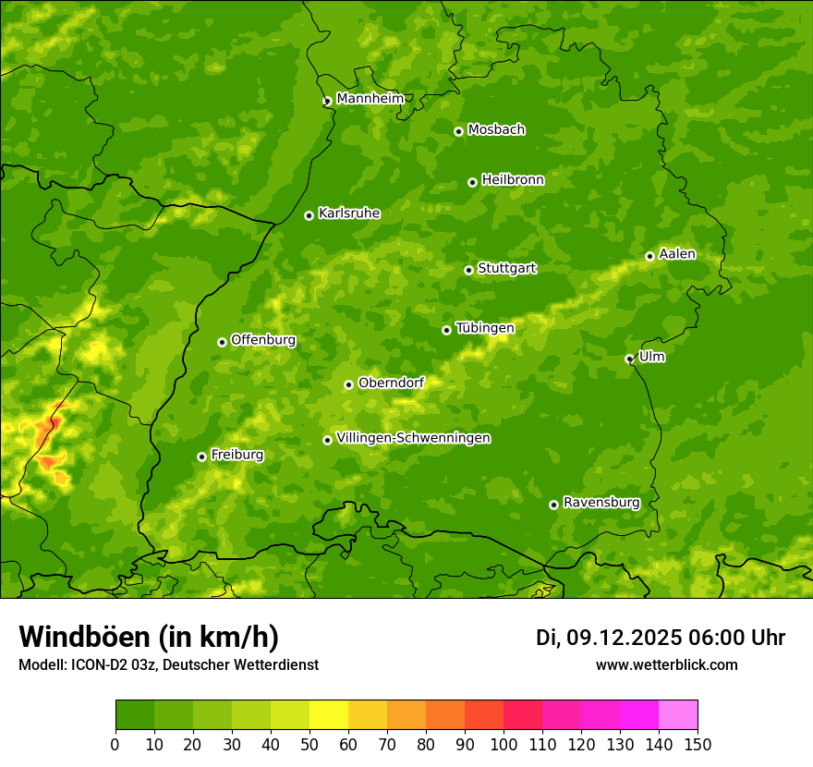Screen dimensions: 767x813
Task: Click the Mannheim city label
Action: tap(370, 99)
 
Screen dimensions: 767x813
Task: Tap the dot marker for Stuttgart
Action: tap(468, 270)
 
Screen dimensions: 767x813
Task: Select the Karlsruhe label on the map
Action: tap(348, 213)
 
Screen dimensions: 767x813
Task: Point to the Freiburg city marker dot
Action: tap(201, 457)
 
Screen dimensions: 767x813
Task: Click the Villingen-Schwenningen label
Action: tap(413, 438)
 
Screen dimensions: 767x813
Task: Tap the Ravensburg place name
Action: tap(601, 503)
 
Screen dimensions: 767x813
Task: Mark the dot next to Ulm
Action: tap(629, 359)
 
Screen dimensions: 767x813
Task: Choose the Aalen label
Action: tap(677, 254)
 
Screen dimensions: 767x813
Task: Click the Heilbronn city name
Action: tap(513, 180)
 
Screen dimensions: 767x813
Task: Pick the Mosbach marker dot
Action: tap(458, 131)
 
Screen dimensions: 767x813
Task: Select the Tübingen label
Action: tap(484, 328)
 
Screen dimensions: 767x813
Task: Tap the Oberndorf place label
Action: tap(391, 383)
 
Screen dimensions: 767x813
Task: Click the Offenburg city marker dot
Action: tap(222, 342)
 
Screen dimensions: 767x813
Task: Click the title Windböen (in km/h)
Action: tap(148, 637)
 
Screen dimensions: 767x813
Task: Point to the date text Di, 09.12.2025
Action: tap(608, 638)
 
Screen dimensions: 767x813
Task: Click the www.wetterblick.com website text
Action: tap(666, 664)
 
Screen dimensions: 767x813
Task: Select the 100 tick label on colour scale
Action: tap(504, 744)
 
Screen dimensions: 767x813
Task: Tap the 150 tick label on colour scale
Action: tap(698, 744)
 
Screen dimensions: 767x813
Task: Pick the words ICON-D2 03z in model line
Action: tap(103, 664)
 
